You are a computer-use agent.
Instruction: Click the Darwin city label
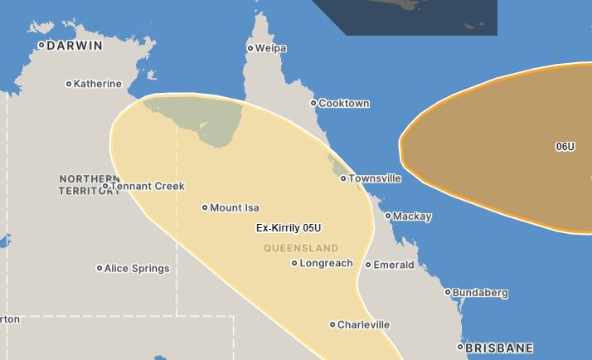click(x=75, y=46)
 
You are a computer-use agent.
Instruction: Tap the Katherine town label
click(x=97, y=84)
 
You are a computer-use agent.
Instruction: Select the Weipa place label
click(x=270, y=48)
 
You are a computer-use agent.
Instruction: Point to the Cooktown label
click(x=344, y=104)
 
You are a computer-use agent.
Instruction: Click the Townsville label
click(x=375, y=178)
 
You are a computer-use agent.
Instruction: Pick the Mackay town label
click(x=412, y=216)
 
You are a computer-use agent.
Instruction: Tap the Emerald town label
click(x=394, y=265)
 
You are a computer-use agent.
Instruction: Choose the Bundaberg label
click(x=480, y=293)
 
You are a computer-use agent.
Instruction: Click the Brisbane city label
click(x=499, y=348)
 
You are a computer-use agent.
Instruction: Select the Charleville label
click(x=363, y=325)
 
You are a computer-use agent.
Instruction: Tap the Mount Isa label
click(x=235, y=207)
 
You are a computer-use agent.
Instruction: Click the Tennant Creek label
click(x=148, y=187)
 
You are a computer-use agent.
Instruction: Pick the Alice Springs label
click(x=137, y=269)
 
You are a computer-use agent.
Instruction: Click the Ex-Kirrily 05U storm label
click(x=289, y=228)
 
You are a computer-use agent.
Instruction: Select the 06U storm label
click(x=565, y=147)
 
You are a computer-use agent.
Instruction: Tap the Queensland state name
click(x=301, y=248)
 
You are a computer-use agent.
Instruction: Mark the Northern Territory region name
click(x=90, y=184)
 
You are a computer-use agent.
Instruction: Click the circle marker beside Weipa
click(x=250, y=48)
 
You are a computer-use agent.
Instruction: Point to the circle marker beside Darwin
click(x=41, y=46)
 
